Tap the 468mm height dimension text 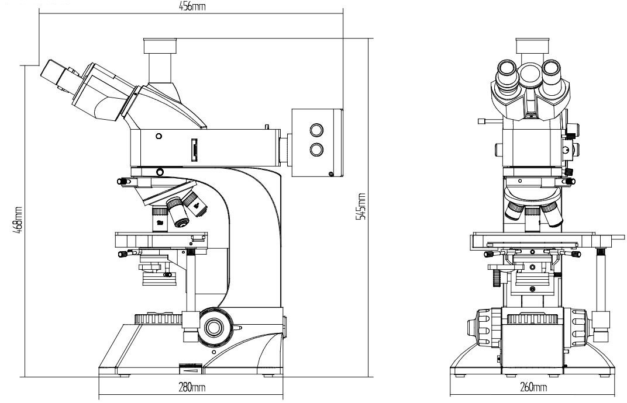[19, 217]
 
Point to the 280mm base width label [191, 387]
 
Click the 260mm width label [533, 388]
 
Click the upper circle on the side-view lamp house [316, 130]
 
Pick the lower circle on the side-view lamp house [316, 150]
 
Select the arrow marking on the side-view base [191, 369]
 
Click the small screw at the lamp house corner [332, 173]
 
